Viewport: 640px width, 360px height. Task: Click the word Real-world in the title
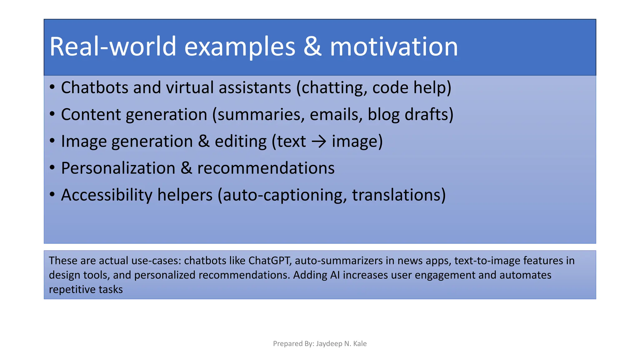[112, 47]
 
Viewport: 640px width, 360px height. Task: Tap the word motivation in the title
[394, 47]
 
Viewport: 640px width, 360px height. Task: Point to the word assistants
[255, 87]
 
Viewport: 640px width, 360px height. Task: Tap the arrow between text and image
[319, 142]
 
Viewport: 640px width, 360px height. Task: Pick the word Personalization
[118, 168]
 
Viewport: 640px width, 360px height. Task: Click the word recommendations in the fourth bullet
[266, 168]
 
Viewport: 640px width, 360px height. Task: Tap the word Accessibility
[107, 195]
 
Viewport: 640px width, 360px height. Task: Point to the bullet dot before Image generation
[52, 141]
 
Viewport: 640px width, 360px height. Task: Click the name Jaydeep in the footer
[329, 344]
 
